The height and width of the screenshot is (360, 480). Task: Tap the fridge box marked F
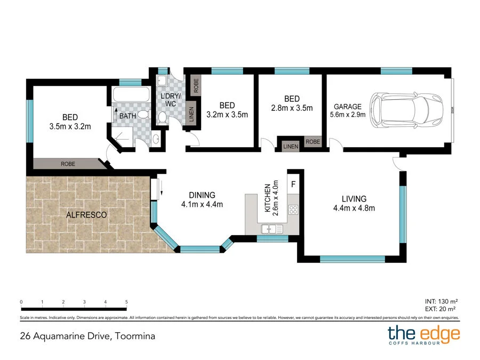pos(293,184)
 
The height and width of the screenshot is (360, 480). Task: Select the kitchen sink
pos(271,229)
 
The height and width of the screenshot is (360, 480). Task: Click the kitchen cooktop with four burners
pos(293,210)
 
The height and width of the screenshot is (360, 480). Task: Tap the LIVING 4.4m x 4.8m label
pos(350,203)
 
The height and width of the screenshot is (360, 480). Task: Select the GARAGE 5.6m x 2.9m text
pos(347,110)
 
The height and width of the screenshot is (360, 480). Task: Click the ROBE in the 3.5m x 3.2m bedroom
pos(68,164)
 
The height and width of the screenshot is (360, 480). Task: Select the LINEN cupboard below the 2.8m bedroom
pos(291,146)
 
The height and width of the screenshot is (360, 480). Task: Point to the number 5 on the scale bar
pos(126,302)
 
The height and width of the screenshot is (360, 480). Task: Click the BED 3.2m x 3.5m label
pos(227,109)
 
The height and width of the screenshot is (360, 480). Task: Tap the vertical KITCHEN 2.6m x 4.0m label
pos(271,198)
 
